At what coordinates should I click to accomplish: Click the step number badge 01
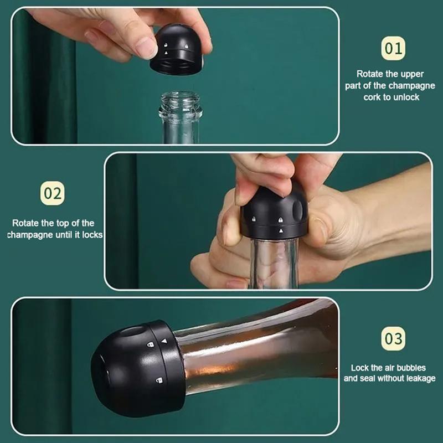[x=393, y=48]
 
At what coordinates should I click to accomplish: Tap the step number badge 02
[x=52, y=193]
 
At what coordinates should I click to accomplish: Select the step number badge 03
[x=393, y=338]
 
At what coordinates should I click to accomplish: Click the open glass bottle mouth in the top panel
[x=181, y=96]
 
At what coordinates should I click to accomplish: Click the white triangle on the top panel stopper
[x=166, y=53]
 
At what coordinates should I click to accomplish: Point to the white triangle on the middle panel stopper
[x=281, y=231]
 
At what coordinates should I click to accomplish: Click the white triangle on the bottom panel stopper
[x=164, y=341]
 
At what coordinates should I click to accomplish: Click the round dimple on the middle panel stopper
[x=298, y=210]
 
